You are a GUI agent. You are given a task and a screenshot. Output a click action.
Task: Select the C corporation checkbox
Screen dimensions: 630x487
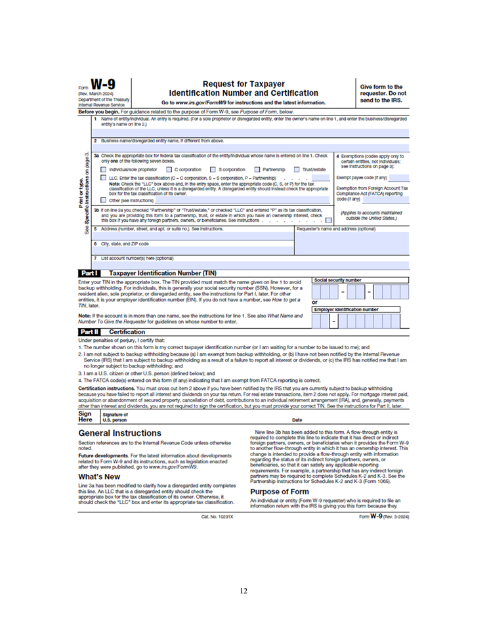click(x=170, y=170)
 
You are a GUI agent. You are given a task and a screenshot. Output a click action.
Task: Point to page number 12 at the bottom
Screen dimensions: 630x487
click(x=243, y=590)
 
